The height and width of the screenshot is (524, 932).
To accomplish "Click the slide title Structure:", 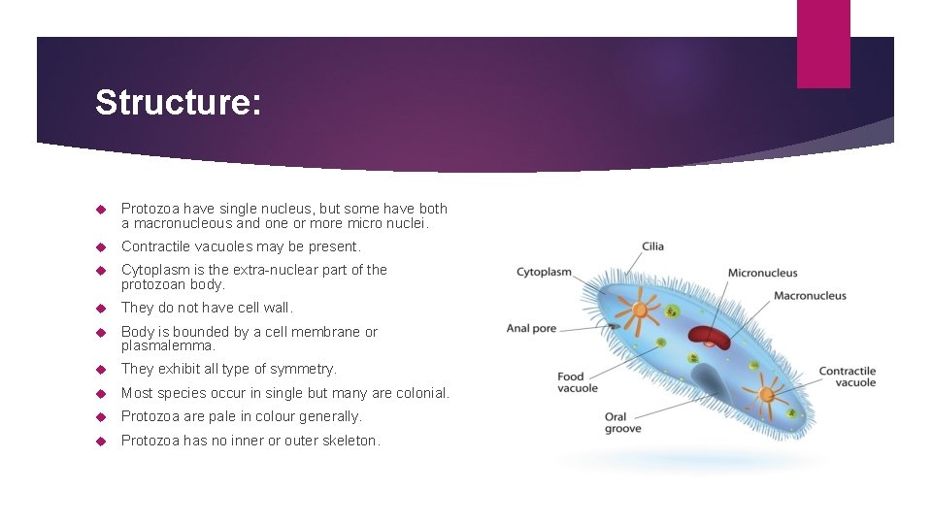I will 178,103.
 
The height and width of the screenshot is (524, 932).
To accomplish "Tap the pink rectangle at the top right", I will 822,44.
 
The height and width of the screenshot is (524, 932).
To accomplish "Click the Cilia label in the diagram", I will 652,246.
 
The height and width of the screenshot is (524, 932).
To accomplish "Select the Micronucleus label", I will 762,273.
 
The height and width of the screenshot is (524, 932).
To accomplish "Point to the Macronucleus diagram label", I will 810,296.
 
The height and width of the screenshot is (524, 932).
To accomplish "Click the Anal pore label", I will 531,328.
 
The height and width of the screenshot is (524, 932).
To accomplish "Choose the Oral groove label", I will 622,423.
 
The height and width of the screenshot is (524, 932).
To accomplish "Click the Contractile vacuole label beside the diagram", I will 847,377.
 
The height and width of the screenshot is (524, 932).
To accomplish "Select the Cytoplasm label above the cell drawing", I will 544,273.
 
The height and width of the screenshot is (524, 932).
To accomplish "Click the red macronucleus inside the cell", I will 708,336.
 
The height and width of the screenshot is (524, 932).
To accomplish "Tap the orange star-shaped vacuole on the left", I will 640,312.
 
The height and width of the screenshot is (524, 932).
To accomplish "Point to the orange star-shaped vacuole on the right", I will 766,394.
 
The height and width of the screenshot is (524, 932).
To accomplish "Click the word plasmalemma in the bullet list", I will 168,345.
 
